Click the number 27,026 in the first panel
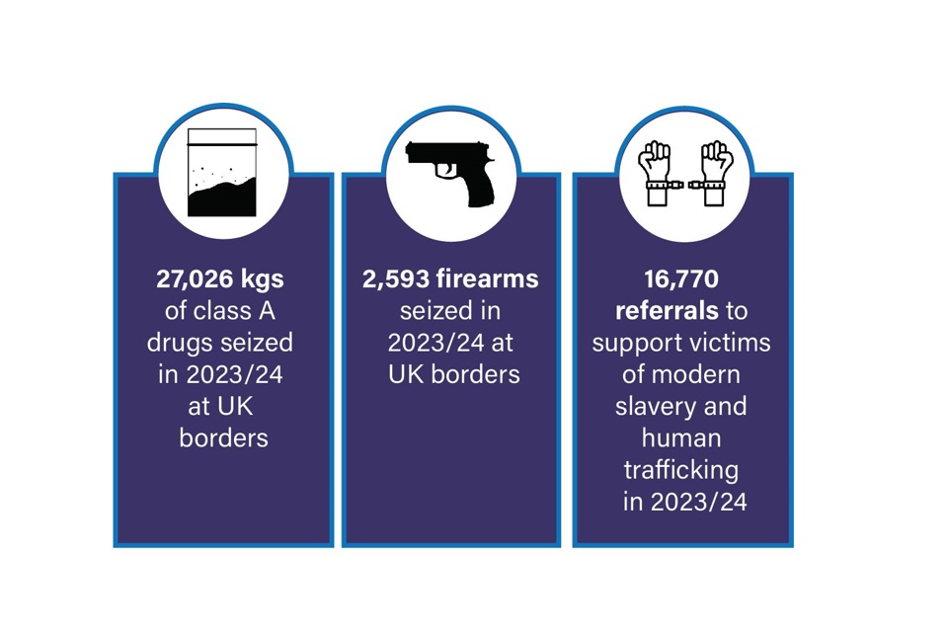[195, 279]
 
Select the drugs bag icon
[222, 173]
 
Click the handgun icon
[450, 174]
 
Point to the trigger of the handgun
[448, 170]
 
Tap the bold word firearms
[487, 278]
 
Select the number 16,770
[681, 279]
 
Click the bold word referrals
[667, 311]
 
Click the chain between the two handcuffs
[686, 185]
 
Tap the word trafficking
[681, 470]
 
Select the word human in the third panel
[681, 437]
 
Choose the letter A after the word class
[267, 311]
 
